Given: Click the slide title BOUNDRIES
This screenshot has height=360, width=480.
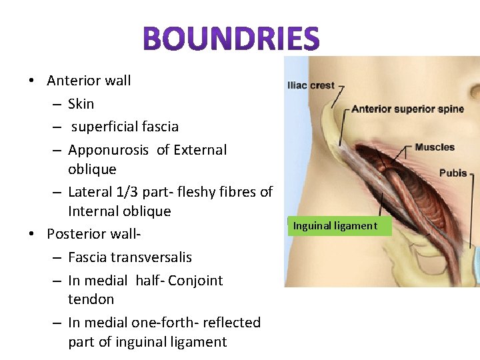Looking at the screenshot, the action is coord(232,39).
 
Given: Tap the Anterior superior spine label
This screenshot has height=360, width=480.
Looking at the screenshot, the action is coord(407,109).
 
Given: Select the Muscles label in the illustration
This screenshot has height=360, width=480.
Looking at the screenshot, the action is coord(434,147).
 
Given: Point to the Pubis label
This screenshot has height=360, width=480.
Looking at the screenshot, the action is coord(453,173).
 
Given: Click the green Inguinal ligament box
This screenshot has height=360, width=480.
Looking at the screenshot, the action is coord(335,226).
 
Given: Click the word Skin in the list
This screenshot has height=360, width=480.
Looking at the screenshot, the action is coord(81,104).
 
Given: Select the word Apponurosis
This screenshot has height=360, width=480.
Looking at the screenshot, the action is coord(108,150).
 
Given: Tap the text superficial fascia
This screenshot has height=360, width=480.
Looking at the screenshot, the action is coord(125,127).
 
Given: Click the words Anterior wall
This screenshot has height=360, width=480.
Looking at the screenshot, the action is coord(89,81).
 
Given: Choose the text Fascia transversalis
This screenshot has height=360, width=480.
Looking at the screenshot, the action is coord(129,257).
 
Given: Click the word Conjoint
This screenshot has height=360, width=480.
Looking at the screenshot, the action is coord(195,281).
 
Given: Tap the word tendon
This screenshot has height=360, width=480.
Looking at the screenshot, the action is coord(91,299).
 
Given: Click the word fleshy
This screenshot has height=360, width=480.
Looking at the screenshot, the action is coord(196,192).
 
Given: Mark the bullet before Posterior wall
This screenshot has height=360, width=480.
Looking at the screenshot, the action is coord(31,234).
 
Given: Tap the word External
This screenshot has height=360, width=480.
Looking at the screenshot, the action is coord(200,150).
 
